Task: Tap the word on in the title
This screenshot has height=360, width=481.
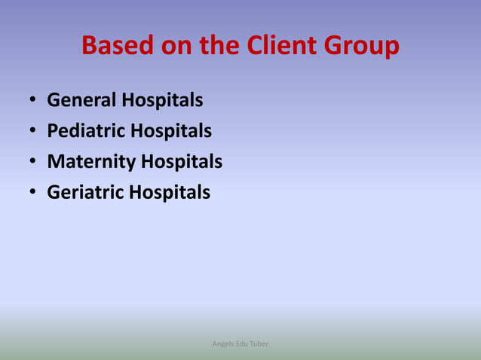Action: click(179, 47)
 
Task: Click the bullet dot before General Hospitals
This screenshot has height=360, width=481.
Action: click(32, 101)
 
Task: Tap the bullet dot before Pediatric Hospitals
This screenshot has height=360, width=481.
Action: click(32, 132)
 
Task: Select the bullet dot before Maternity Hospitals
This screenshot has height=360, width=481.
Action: click(32, 163)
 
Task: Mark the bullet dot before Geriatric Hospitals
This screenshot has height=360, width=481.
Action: click(32, 194)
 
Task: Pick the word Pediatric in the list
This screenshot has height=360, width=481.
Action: click(85, 131)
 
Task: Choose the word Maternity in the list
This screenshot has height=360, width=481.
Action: click(90, 162)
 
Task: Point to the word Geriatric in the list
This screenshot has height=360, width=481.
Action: click(84, 193)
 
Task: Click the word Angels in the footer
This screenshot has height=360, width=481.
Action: click(224, 344)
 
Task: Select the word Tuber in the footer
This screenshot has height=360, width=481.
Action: click(260, 344)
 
